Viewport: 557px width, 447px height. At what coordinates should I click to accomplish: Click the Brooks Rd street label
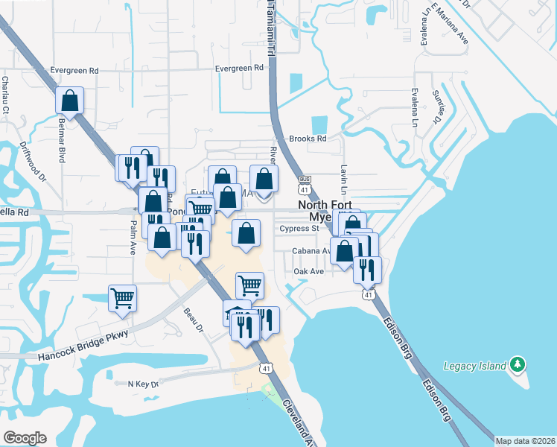coord(308,139)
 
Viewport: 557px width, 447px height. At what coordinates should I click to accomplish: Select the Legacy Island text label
coord(474,366)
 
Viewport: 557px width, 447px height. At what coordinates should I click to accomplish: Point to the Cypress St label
coord(300,229)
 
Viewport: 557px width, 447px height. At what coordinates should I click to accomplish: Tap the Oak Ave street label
coord(308,272)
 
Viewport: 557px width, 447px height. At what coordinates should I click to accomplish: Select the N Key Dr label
coord(143,384)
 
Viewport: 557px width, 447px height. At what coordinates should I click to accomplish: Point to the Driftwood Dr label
coord(34,162)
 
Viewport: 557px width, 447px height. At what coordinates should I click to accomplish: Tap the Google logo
coord(25,438)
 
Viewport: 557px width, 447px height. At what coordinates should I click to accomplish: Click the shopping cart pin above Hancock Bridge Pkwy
coord(122,298)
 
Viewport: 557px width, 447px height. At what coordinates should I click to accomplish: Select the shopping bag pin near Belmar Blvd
coord(69,101)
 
